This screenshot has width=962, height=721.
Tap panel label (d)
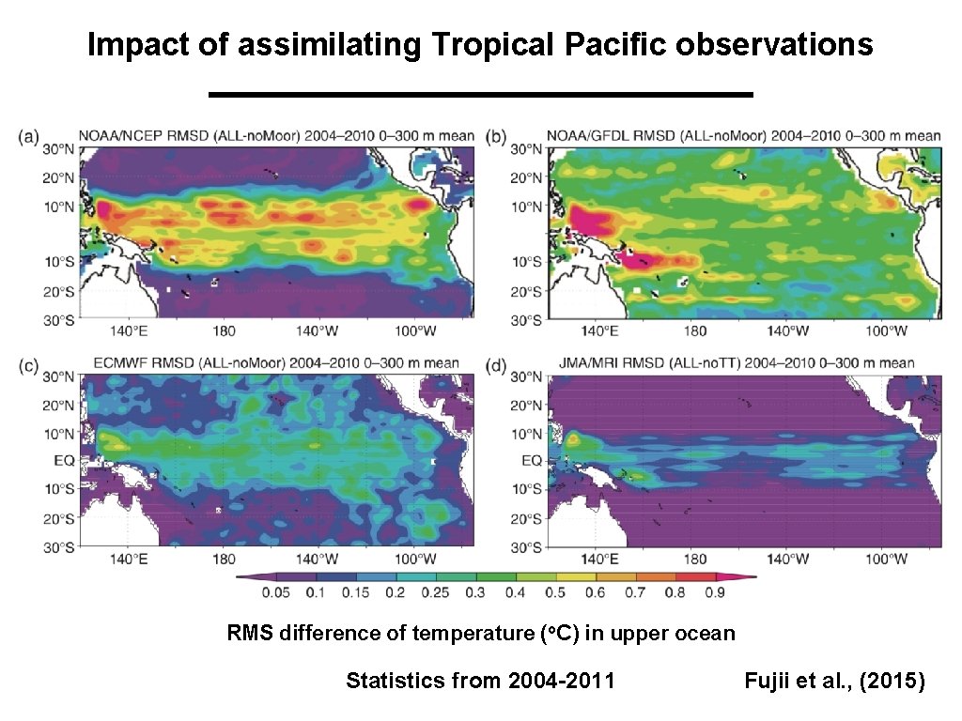click(x=498, y=363)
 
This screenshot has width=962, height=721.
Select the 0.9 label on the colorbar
click(x=715, y=592)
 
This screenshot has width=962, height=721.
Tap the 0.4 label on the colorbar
click(x=516, y=592)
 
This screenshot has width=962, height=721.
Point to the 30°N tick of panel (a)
click(x=58, y=148)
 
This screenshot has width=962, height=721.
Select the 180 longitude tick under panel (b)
click(x=693, y=330)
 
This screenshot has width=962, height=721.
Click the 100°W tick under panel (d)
click(x=886, y=559)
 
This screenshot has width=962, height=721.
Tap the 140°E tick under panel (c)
click(x=129, y=559)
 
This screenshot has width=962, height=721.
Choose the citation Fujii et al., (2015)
click(x=834, y=681)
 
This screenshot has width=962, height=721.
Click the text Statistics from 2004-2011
click(x=480, y=681)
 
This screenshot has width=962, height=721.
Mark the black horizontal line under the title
click(x=480, y=95)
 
